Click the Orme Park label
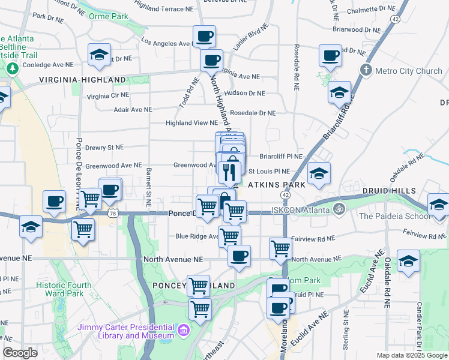click(110, 17)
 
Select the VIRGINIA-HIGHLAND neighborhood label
click(83, 79)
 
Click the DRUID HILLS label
click(389, 191)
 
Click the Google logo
click(20, 353)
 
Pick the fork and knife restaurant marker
click(230, 172)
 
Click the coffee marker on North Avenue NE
click(239, 256)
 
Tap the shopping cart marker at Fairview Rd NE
click(280, 247)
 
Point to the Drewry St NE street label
click(104, 146)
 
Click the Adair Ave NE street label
click(133, 110)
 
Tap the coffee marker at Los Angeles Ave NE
click(204, 37)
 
